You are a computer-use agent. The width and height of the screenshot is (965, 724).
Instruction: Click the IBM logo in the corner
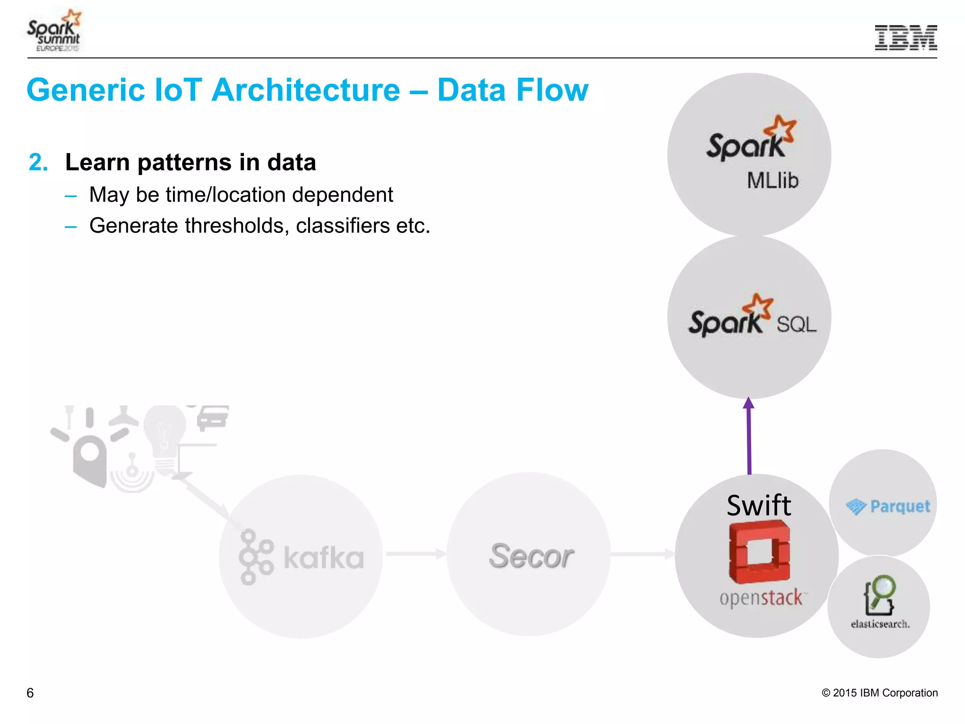905,38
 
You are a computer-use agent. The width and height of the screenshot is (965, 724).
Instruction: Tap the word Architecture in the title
306,90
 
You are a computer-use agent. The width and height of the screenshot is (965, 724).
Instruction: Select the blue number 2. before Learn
38,163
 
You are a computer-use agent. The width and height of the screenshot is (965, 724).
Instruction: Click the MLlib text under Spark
772,181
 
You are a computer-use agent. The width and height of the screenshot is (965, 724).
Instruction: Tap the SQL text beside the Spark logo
796,325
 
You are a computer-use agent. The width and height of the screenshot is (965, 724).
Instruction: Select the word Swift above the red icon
758,505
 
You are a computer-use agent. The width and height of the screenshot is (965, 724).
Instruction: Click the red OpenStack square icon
759,551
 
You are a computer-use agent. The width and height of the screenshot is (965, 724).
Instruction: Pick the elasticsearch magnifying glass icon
879,594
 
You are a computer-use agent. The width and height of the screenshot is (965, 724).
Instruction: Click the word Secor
531,556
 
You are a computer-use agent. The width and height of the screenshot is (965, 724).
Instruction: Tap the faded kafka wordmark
323,558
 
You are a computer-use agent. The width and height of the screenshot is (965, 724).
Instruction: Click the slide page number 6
30,693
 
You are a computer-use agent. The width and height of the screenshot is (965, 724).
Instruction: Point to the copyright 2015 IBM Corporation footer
879,693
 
